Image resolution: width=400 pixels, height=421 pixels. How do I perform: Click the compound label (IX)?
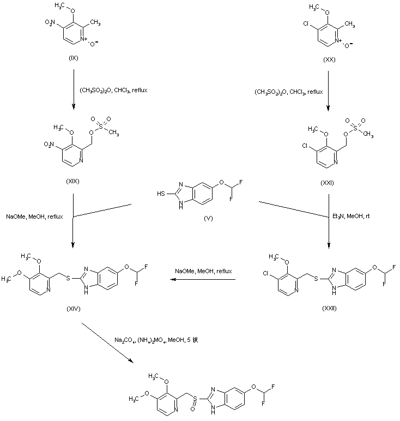(74, 58)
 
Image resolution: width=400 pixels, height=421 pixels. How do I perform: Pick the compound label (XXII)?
(329, 308)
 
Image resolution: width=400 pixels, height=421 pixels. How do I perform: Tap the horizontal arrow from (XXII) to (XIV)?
(202, 280)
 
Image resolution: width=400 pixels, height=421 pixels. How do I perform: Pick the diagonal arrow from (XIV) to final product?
(107, 341)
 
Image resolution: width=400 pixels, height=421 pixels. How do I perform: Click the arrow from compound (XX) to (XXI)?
(329, 90)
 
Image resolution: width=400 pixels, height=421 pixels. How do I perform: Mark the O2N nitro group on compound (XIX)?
(49, 145)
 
